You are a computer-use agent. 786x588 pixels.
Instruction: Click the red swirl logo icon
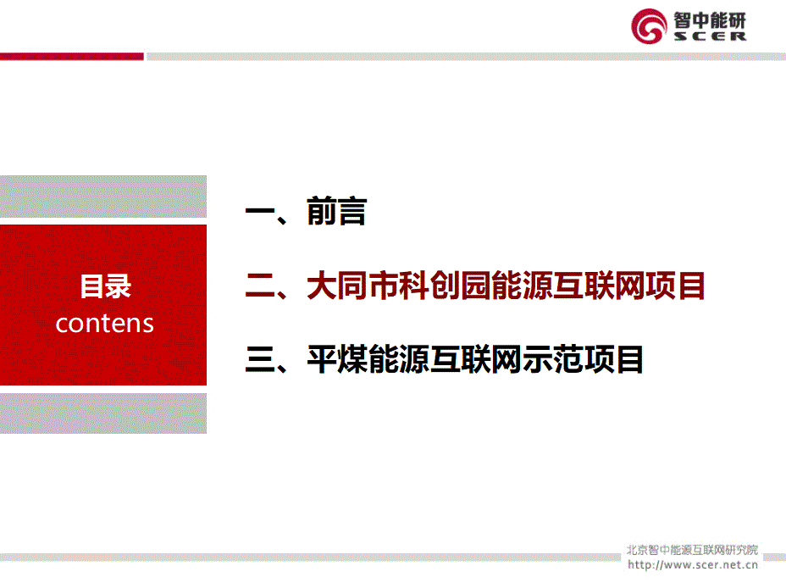(649, 26)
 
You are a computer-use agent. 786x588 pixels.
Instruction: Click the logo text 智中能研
(710, 20)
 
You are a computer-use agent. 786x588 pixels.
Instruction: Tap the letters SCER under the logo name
(710, 36)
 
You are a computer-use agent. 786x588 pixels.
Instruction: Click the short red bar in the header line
(72, 57)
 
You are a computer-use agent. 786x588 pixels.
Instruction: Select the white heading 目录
(105, 286)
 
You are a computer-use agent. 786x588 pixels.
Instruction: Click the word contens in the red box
(104, 324)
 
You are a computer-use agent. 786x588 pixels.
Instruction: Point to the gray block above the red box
(103, 197)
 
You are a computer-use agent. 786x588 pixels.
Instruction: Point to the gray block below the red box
(103, 413)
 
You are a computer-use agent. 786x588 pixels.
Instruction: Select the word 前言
(336, 211)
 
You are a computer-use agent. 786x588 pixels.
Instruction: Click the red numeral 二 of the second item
(260, 286)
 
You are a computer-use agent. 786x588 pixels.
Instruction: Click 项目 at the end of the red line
(675, 286)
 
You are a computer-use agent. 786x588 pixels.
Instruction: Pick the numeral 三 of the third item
(260, 359)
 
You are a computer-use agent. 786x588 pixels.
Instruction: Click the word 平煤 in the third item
(337, 359)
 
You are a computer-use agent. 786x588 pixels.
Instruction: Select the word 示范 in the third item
(552, 359)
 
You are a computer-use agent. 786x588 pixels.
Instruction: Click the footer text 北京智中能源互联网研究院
(692, 550)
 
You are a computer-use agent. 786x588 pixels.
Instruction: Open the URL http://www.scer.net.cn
(692, 565)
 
